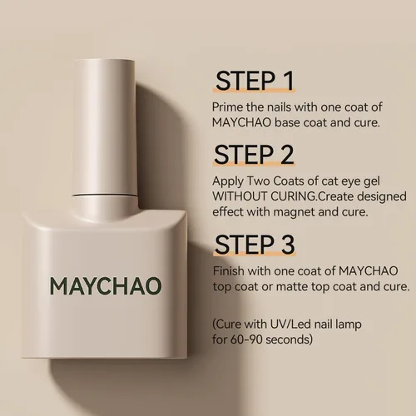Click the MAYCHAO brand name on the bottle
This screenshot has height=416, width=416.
coord(106,286)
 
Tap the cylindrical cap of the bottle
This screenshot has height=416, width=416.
coord(105,127)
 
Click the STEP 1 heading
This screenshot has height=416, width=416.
coord(255,81)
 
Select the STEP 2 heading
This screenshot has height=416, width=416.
coord(254,155)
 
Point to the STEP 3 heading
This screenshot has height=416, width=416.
coord(255,245)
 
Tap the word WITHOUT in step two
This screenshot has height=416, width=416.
coord(240,196)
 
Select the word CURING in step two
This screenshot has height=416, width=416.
coord(293,196)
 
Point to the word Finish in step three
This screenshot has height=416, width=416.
coord(229,271)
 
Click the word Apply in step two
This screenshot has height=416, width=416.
coord(227,181)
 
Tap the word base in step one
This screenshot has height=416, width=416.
coord(287,122)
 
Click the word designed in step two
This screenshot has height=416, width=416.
coord(382,197)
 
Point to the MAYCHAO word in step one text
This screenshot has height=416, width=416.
coord(241,122)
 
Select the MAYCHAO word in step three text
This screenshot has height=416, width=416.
coord(369,271)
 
